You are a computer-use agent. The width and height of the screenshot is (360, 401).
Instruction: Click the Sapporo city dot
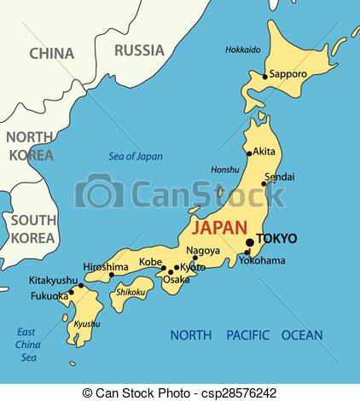pyautogui.click(x=265, y=77)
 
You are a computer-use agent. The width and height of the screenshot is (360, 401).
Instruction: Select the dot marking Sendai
pyautogui.click(x=264, y=183)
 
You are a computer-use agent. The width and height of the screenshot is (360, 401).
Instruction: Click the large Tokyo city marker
pyautogui.click(x=249, y=242)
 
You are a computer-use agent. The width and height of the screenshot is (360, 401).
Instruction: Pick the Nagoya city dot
pyautogui.click(x=195, y=259)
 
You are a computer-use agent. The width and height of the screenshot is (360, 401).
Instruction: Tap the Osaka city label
pyautogui.click(x=177, y=279)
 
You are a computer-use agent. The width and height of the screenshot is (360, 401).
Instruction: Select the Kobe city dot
pyautogui.click(x=164, y=268)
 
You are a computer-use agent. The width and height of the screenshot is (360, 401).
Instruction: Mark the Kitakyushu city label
pyautogui.click(x=53, y=280)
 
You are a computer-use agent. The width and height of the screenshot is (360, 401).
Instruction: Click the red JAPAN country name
pyautogui.click(x=220, y=229)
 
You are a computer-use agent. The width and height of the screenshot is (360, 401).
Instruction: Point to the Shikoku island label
pyautogui.click(x=131, y=292)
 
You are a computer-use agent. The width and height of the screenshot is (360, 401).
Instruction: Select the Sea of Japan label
pyautogui.click(x=135, y=155)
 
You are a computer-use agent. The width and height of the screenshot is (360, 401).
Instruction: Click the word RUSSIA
pyautogui.click(x=138, y=50)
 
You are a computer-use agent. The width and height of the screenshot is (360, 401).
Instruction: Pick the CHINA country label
pyautogui.click(x=52, y=54)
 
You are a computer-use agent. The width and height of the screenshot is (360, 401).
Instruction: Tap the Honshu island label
pyautogui.click(x=225, y=169)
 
